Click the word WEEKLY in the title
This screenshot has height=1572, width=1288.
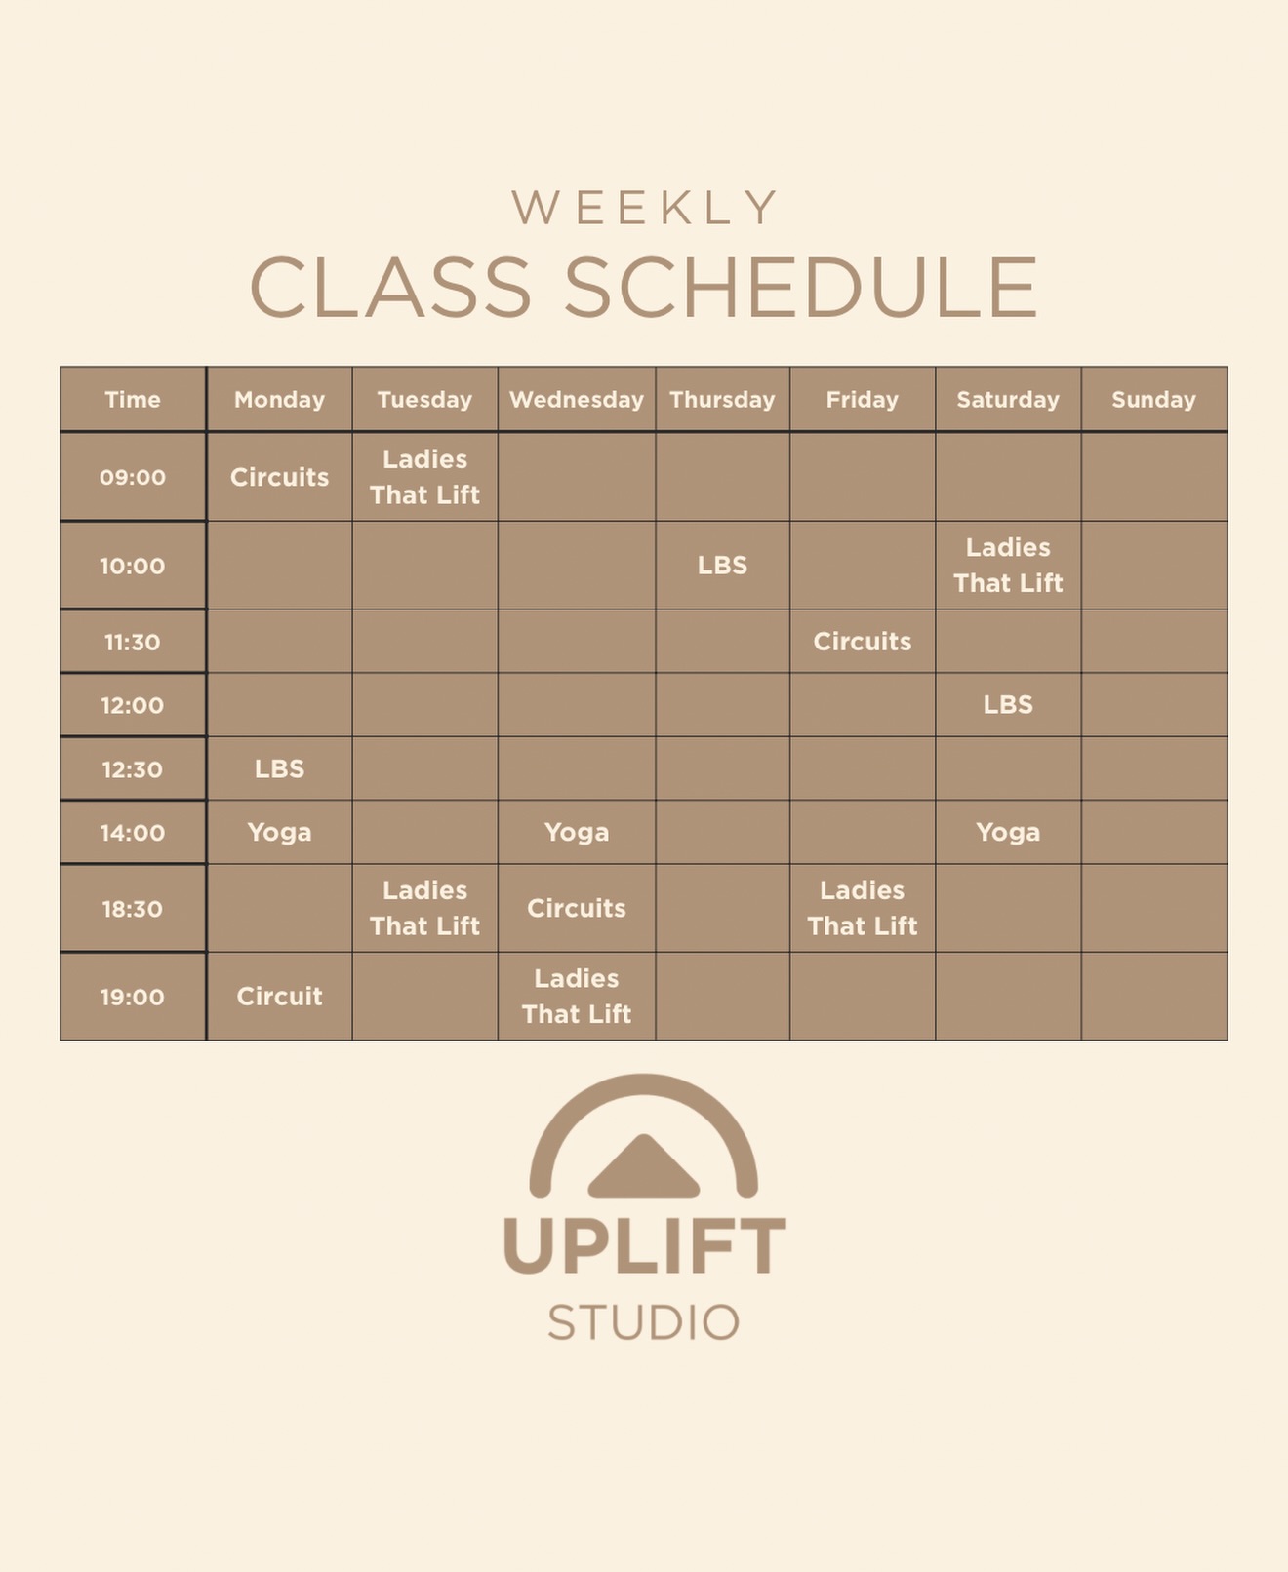point(644,208)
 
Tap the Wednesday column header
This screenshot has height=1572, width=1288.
point(577,400)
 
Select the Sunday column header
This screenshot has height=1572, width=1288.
point(1153,400)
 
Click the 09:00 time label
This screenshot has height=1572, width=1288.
point(133,478)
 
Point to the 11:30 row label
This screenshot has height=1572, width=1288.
point(133,643)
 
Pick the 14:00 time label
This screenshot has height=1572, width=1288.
point(133,833)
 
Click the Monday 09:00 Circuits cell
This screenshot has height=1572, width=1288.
point(279,478)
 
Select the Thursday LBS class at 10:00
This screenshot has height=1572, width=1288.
point(722,566)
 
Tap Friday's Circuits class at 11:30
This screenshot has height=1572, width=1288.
point(863,642)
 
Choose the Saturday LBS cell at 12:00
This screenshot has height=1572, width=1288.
point(1008,705)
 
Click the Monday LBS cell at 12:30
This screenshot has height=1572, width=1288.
point(279,769)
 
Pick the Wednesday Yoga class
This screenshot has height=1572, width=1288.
point(577,833)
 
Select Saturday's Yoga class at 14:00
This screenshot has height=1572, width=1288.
point(1008,833)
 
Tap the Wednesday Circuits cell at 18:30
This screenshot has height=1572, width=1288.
point(577,909)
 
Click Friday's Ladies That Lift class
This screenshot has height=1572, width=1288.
point(863,909)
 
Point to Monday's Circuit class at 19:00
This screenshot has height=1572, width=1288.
point(279,997)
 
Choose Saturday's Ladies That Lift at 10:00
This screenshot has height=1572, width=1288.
point(1008,566)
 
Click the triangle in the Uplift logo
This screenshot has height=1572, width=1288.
point(644,1168)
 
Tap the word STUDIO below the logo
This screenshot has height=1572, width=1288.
point(644,1323)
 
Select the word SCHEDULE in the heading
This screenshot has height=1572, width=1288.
point(801,288)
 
